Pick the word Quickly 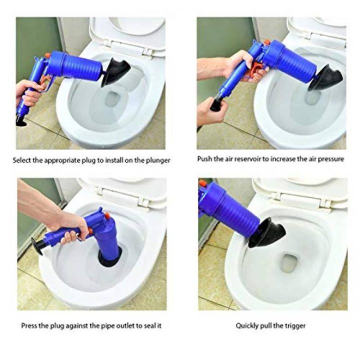click(248, 325)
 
